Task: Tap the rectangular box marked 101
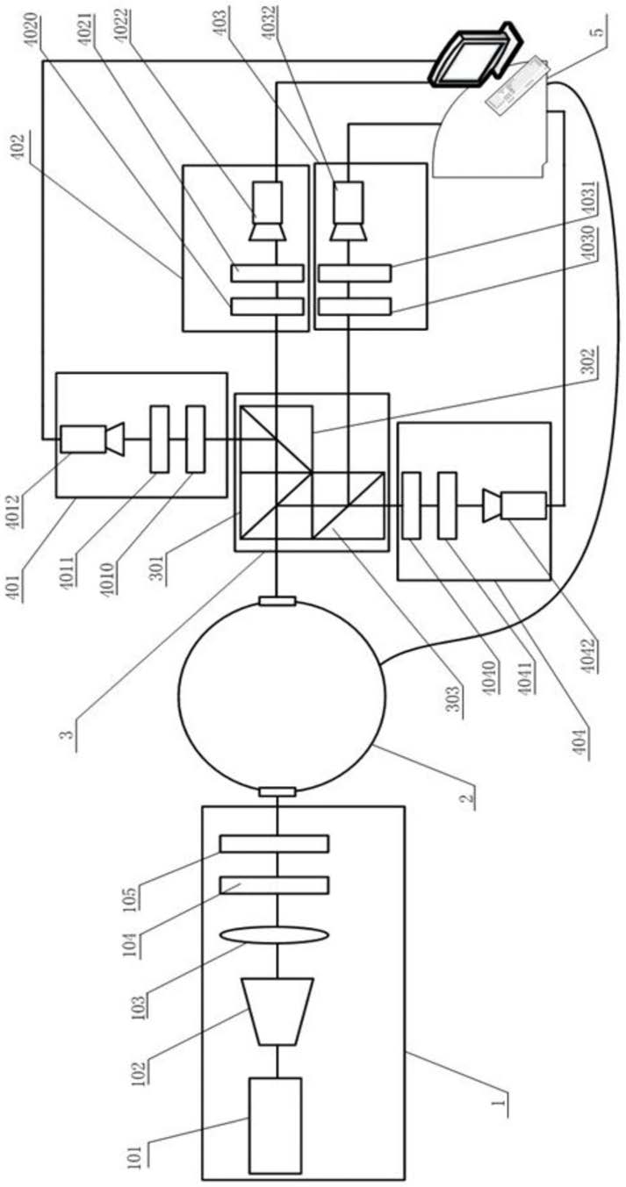coord(275,1124)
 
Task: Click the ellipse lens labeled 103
coord(274,936)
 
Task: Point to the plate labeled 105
coord(274,843)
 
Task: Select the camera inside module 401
coord(88,440)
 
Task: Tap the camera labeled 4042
coord(517,504)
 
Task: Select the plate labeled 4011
coord(159,438)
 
